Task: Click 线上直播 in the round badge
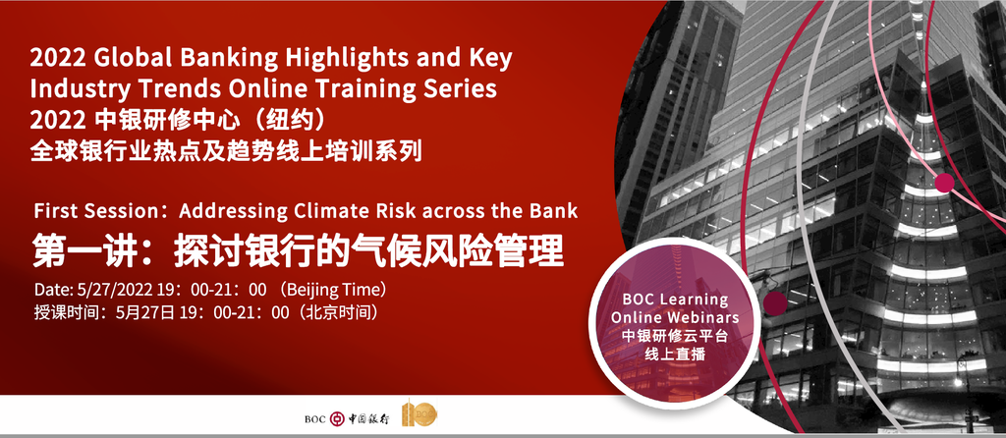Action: point(674,353)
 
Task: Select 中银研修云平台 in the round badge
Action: point(674,336)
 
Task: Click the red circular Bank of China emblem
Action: point(337,419)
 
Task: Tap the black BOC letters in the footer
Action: point(315,420)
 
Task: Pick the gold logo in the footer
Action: point(419,414)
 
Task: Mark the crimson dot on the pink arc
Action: point(944,183)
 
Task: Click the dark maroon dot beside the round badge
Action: point(775,303)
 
